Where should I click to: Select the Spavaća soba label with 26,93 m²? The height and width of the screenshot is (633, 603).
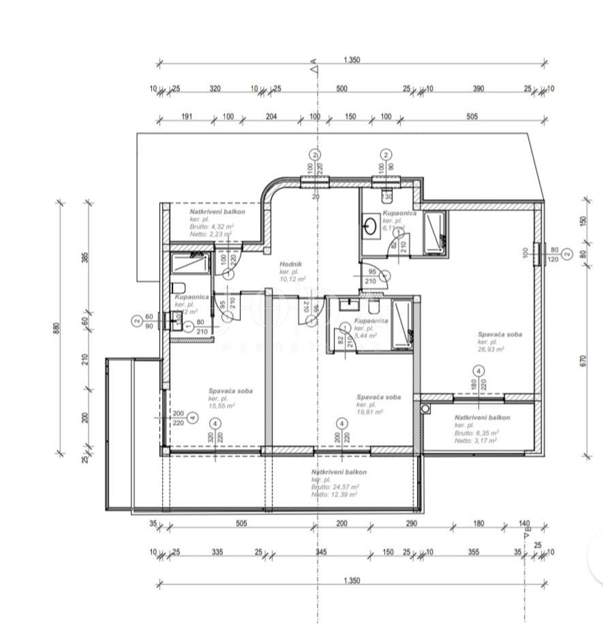[500, 335]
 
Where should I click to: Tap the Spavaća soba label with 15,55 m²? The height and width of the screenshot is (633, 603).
[231, 391]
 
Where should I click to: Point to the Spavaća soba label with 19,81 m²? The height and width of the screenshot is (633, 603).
[378, 397]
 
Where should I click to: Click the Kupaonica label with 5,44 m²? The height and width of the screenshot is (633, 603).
[372, 320]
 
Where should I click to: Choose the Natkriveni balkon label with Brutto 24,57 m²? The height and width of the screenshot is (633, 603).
[339, 472]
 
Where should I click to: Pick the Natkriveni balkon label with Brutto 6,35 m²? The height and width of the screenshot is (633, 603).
[482, 417]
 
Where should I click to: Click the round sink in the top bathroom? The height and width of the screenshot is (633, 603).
[371, 226]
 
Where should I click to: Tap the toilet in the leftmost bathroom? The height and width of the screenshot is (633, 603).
[178, 287]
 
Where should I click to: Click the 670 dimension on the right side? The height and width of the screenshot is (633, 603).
[583, 360]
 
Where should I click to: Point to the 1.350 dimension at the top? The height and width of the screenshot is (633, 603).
[352, 60]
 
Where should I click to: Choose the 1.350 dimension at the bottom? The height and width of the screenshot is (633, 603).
[352, 581]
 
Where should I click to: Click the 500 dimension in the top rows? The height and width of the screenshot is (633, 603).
[342, 89]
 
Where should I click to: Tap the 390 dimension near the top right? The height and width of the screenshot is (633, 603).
[479, 89]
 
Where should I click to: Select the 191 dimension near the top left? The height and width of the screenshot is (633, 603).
[186, 117]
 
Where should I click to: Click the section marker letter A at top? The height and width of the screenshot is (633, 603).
[314, 68]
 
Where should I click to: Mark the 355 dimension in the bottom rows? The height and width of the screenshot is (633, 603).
[474, 552]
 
